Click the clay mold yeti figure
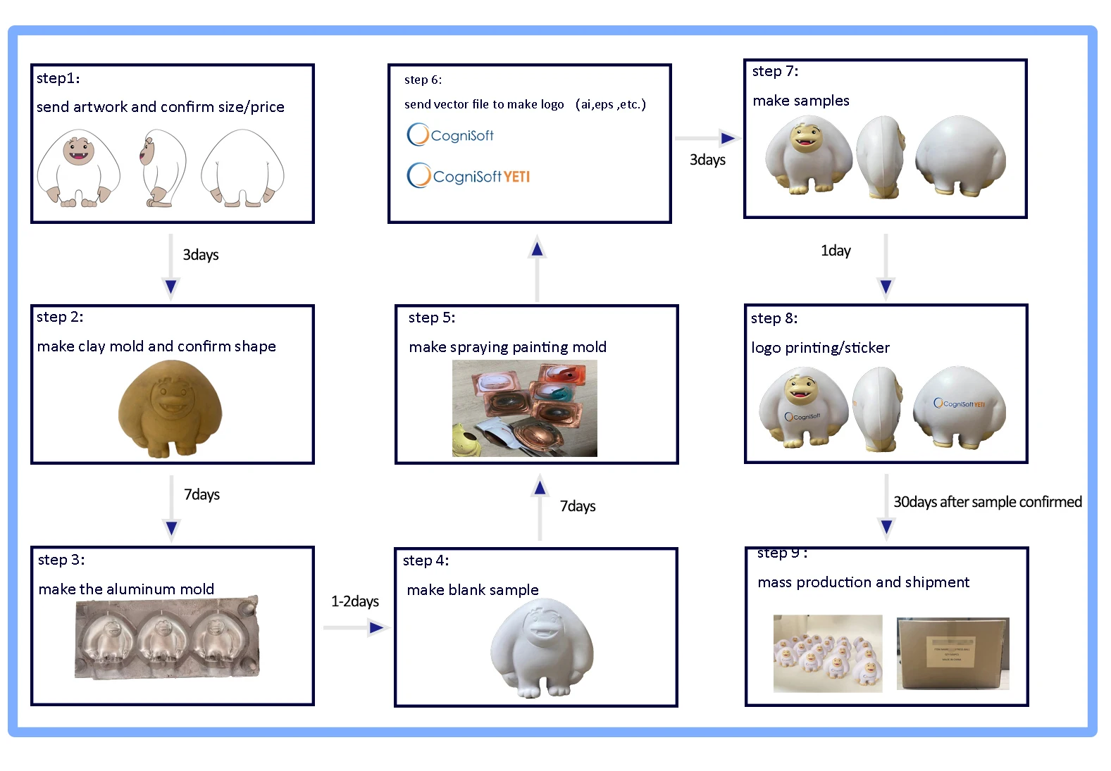pos(170,408)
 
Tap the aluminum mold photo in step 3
pos(166,638)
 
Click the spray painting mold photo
pos(524,408)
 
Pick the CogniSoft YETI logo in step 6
pos(468,176)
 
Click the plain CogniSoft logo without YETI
pos(450,134)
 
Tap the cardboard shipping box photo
pos(952,653)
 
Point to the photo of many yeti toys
pos(827,653)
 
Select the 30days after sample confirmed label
pos(987,502)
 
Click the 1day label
pos(836,251)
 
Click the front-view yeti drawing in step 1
pos(78,168)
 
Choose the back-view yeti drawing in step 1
pos(242,168)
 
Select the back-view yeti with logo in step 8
pos(959,406)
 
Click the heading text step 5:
pos(432,318)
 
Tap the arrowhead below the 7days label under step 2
pos(171,528)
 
